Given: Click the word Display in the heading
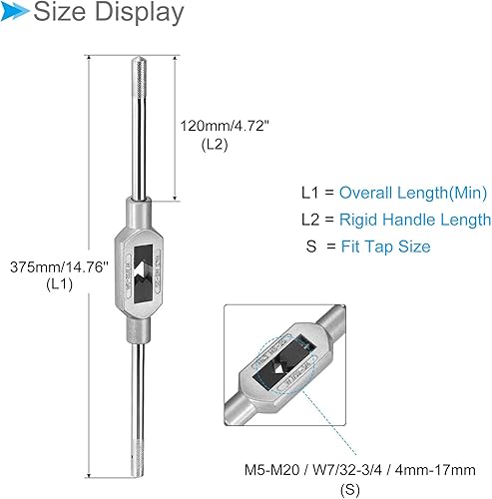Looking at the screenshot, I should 141,14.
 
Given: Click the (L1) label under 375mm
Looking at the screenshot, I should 55,285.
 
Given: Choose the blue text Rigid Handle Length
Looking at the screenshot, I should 414,220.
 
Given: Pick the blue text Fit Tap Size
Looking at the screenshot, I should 385,247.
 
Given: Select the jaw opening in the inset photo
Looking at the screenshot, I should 283,368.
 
